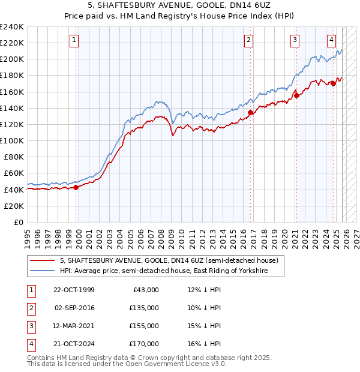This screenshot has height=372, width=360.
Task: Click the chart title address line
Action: [x=179, y=5]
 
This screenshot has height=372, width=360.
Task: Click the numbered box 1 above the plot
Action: [x=74, y=40]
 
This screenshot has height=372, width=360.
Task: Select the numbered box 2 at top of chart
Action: [x=248, y=40]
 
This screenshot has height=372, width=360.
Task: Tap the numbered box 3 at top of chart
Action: [x=295, y=40]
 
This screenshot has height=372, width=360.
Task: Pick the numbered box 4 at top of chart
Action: [x=331, y=40]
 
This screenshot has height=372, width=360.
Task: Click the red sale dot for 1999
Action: [x=76, y=187]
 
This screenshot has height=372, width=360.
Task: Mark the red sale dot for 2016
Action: [x=250, y=112]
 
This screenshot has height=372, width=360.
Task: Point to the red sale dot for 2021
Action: [x=296, y=95]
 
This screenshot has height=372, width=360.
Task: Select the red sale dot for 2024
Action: [x=334, y=83]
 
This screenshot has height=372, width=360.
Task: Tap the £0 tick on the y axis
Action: [x=18, y=222]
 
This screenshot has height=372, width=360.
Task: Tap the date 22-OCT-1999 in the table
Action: [x=74, y=290]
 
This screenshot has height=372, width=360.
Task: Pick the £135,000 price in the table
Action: [x=144, y=307]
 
